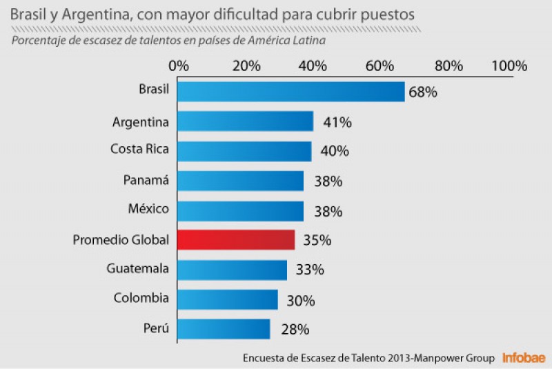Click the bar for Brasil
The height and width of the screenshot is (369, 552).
click(290, 92)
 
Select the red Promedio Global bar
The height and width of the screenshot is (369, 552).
click(236, 239)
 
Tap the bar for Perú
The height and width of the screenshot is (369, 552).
click(224, 329)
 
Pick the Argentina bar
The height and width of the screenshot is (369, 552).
click(246, 121)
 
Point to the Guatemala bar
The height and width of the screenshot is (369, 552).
click(232, 270)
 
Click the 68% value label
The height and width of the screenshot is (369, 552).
click(423, 92)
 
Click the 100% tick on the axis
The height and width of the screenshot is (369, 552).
click(510, 66)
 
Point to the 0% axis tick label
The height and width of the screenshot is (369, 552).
click(179, 66)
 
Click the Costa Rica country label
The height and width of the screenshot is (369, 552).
click(139, 148)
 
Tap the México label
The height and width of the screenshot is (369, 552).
click(148, 208)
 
